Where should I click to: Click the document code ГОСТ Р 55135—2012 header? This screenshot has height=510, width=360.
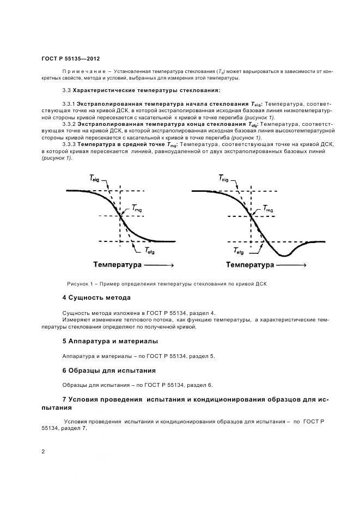point(70,58)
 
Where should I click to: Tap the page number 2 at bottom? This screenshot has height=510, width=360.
point(44,452)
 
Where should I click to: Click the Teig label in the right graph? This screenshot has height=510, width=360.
point(225,177)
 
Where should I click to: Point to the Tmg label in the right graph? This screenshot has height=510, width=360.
point(269,208)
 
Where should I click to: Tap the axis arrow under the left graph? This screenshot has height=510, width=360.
point(159,265)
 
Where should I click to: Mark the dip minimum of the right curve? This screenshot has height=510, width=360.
point(284,256)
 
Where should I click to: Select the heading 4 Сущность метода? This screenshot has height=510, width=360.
point(96,297)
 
